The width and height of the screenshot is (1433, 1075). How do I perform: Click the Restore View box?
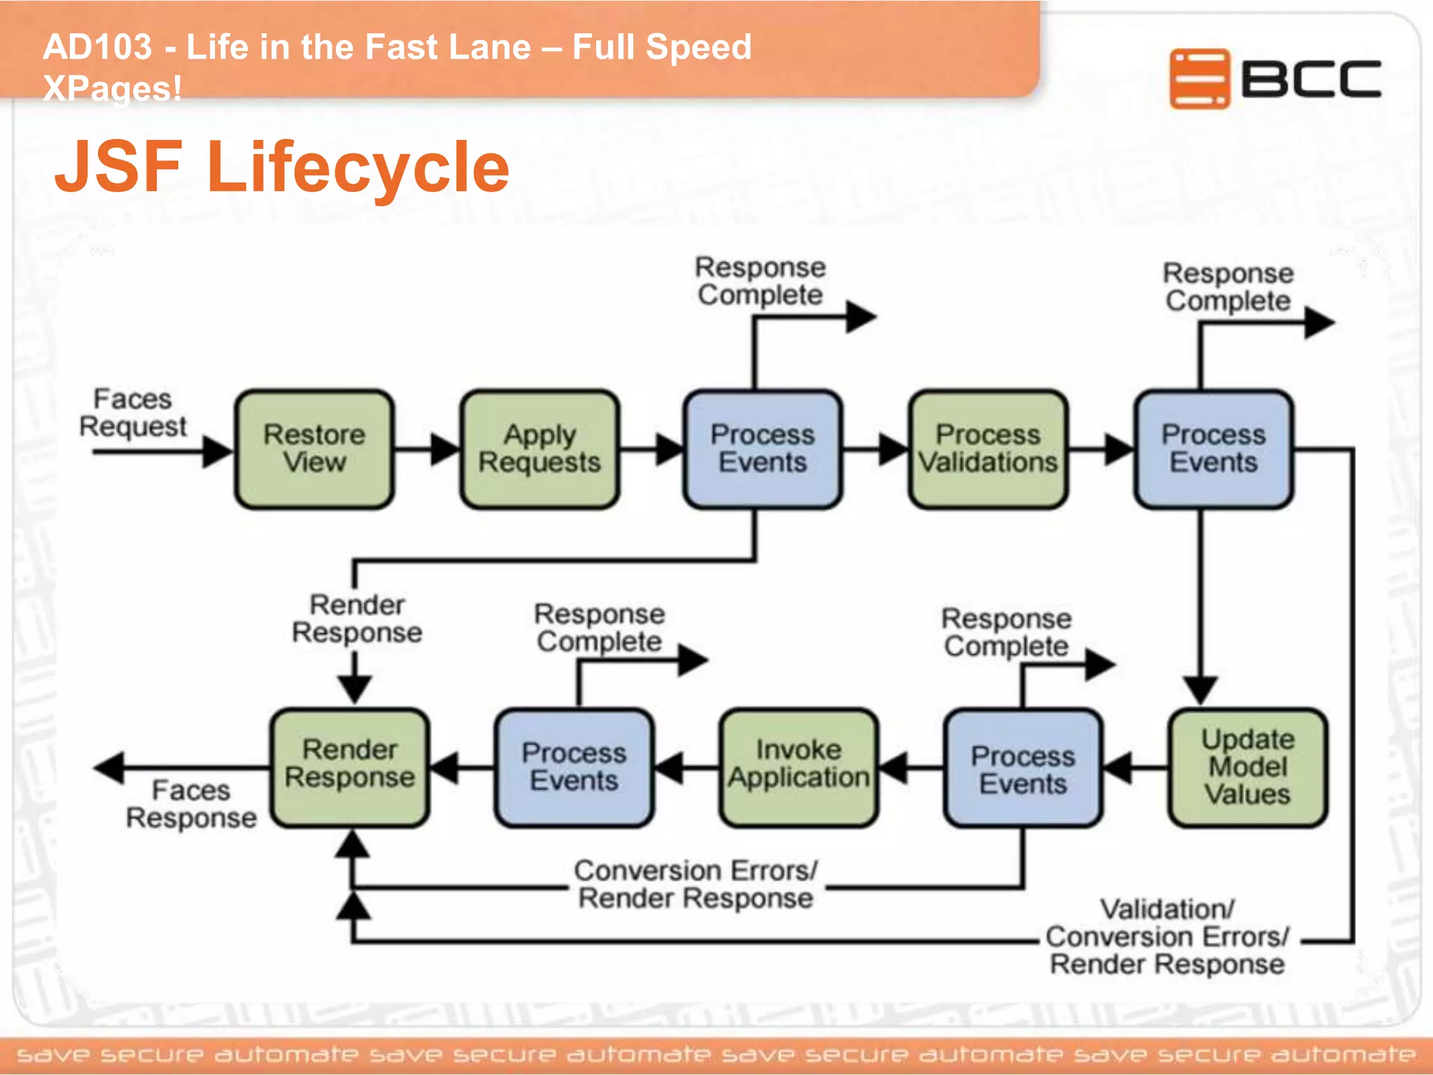click(x=314, y=449)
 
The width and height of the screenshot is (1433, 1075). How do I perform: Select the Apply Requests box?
click(x=539, y=449)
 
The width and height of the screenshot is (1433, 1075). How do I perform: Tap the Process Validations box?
click(x=988, y=449)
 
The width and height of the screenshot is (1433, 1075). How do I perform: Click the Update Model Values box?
click(x=1248, y=767)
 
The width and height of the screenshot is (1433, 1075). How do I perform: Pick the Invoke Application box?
click(x=798, y=767)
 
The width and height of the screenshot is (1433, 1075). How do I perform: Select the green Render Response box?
click(x=350, y=767)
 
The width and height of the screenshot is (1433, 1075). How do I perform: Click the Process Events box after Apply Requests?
click(x=763, y=449)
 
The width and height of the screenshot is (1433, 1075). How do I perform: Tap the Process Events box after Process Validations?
click(x=1213, y=449)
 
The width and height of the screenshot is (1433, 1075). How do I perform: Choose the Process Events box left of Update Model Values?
click(x=1023, y=768)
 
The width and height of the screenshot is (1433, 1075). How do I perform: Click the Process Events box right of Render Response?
click(x=574, y=767)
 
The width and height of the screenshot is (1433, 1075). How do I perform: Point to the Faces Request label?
click(x=133, y=413)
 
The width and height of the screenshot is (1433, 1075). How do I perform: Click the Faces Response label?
click(x=191, y=804)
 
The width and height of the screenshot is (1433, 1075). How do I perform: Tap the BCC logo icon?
click(x=1199, y=78)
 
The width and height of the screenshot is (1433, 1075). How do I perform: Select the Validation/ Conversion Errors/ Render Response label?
click(x=1167, y=937)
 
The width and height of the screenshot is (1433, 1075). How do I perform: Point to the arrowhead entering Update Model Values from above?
click(x=1201, y=689)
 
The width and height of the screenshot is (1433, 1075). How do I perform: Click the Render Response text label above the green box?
click(x=357, y=619)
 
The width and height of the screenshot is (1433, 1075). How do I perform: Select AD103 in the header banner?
click(x=97, y=48)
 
